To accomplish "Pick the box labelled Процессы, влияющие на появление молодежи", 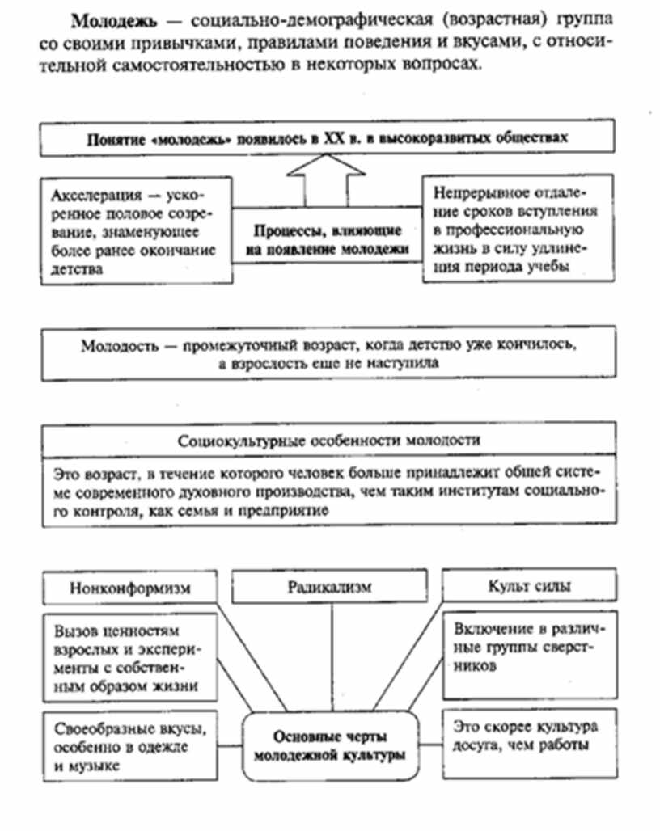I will point(327,239).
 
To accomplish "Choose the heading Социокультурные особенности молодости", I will point(328,441).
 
